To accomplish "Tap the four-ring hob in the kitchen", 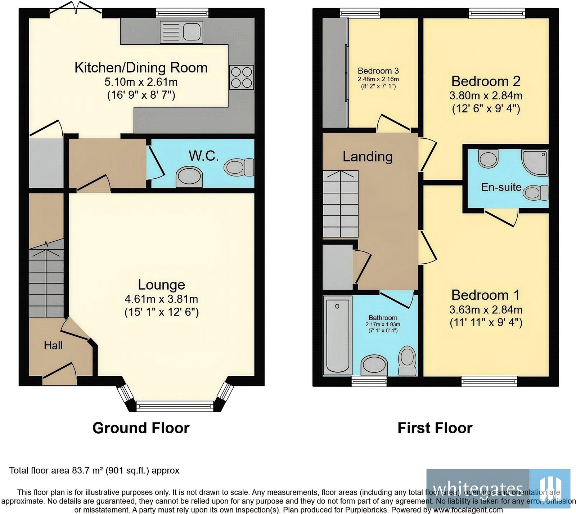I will click(241, 77).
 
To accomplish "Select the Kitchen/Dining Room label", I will click(141, 68).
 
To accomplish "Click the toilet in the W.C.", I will click(239, 167).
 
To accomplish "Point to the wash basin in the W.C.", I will click(189, 177).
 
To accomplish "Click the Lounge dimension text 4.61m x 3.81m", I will click(161, 299).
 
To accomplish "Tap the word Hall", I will click(53, 345).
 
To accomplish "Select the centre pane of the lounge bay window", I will click(175, 406).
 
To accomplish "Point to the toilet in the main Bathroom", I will click(407, 359).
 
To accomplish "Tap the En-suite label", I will click(501, 187).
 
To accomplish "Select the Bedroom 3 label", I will click(378, 71).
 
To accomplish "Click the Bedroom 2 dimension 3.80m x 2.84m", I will click(486, 95).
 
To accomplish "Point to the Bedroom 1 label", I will click(486, 295).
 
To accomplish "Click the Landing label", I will click(368, 156).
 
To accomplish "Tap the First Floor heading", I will click(435, 428).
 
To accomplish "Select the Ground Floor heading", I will click(141, 428).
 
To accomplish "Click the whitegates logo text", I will click(478, 489).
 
